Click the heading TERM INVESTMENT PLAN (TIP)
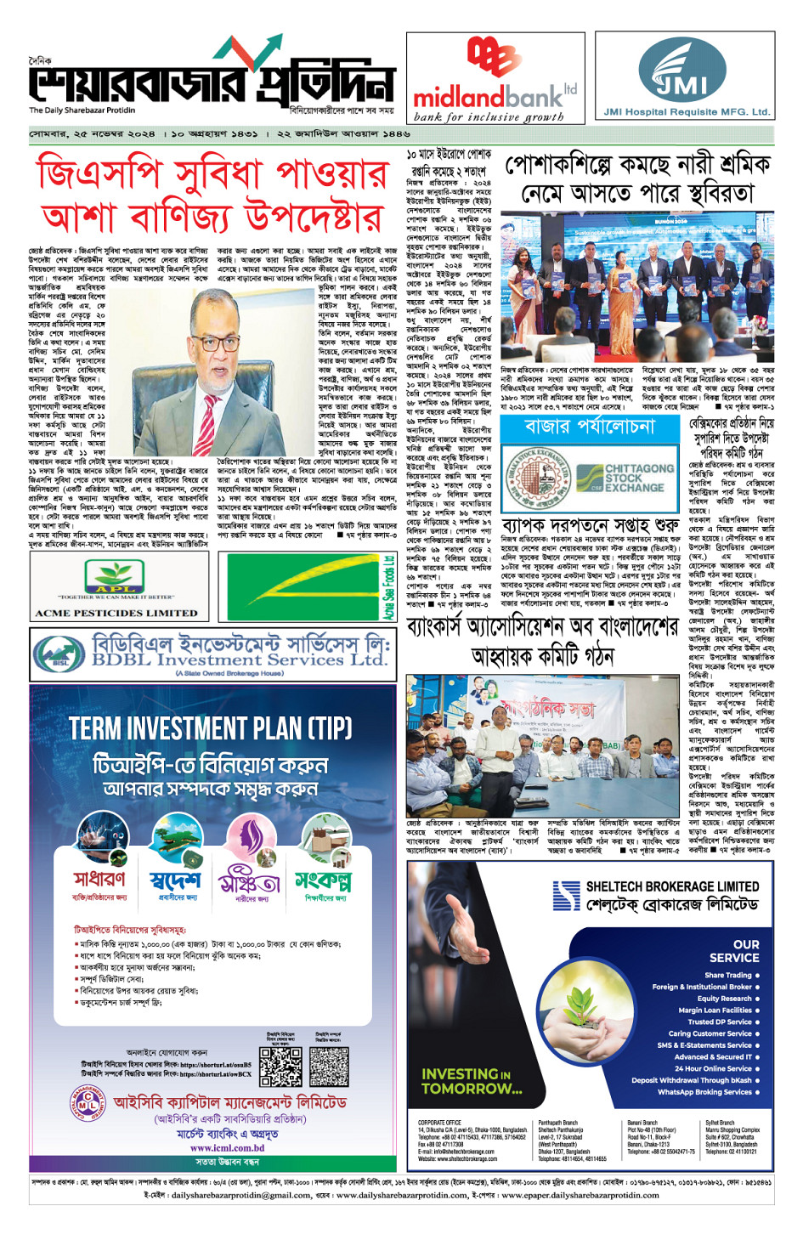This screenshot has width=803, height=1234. [x=210, y=728]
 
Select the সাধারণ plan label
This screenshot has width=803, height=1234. [x=99, y=879]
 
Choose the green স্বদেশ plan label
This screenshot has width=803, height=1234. [x=175, y=879]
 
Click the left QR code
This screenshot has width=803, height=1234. [x=280, y=1067]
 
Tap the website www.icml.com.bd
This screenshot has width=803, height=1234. [x=227, y=1147]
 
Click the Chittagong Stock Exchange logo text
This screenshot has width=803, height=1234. [x=638, y=478]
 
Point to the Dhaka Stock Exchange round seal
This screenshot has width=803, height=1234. [x=536, y=478]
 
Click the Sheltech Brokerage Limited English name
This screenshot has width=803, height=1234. [x=671, y=886]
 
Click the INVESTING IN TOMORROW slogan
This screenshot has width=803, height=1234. [x=472, y=1081]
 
